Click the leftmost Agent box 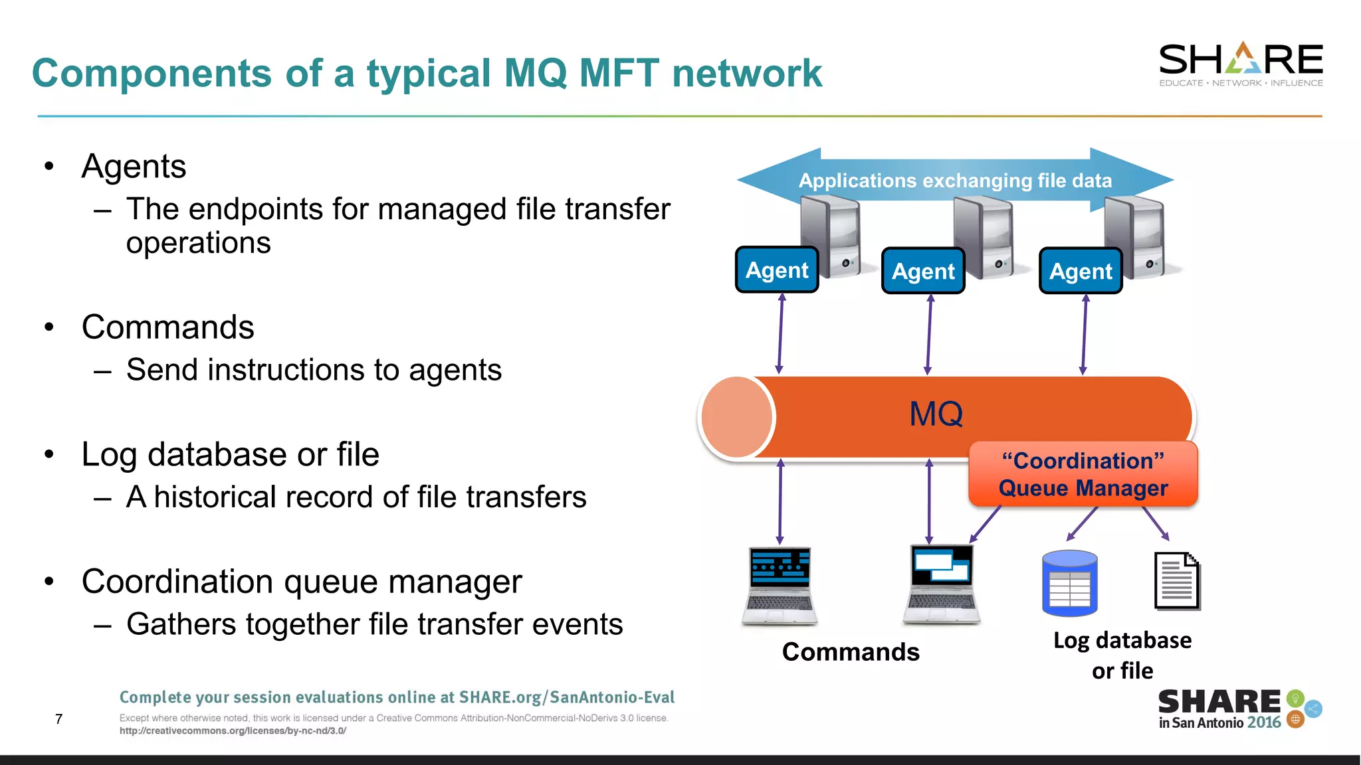[x=777, y=270]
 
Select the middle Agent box [x=923, y=271]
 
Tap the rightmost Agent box [x=1081, y=271]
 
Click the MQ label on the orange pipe [x=936, y=414]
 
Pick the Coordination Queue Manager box [x=1083, y=474]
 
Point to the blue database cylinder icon [x=1069, y=582]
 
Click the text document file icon [x=1177, y=581]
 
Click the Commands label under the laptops [x=851, y=652]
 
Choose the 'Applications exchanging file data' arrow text [x=955, y=181]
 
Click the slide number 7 [x=59, y=719]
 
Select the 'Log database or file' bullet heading [x=230, y=455]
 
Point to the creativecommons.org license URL [x=233, y=731]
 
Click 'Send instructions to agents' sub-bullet [x=314, y=370]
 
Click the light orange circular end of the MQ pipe [x=736, y=417]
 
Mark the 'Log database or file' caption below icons [x=1122, y=655]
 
